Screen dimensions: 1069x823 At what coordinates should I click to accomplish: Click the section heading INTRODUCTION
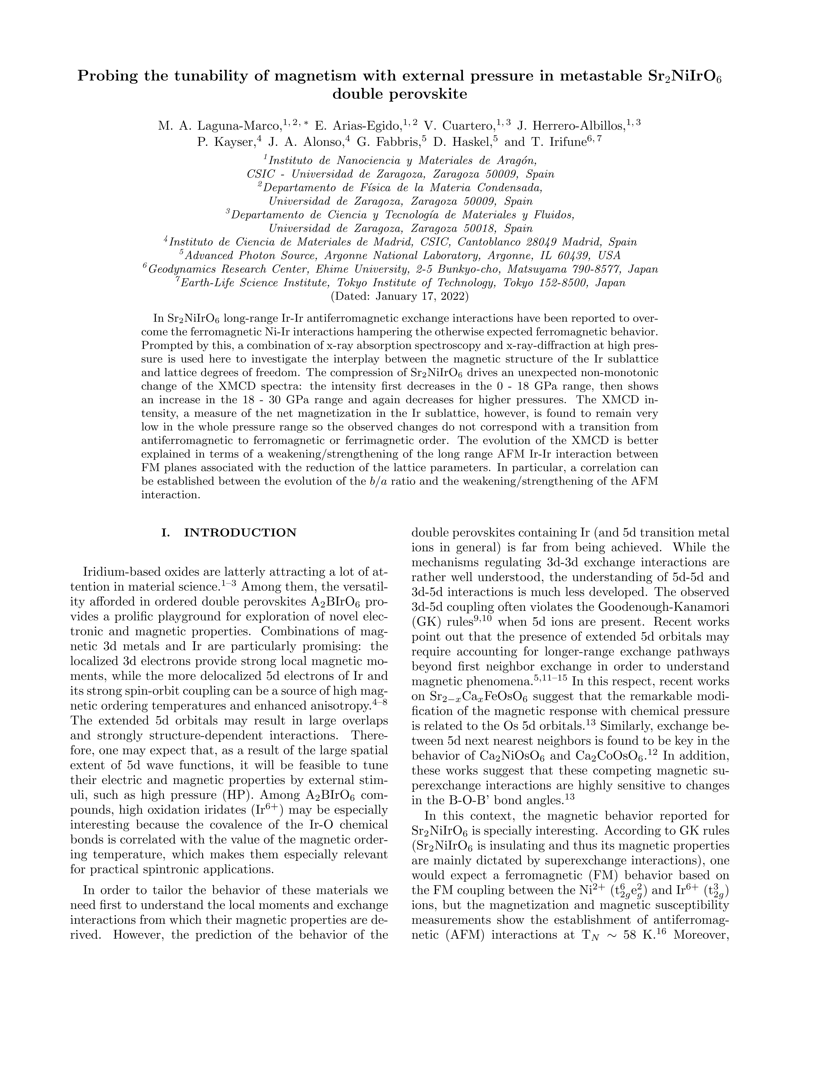[x=240, y=532]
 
